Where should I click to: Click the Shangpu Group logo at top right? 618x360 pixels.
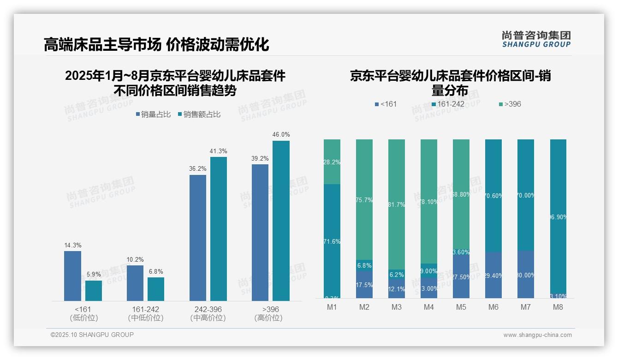click(536, 39)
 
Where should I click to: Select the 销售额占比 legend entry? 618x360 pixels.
click(199, 114)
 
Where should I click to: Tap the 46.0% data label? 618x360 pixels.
click(281, 135)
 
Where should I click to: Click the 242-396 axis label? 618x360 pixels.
click(208, 309)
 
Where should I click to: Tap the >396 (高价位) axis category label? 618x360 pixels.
click(268, 313)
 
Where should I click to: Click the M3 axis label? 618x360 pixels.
click(396, 307)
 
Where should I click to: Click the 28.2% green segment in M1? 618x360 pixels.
click(332, 162)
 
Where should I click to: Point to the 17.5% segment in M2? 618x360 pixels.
click(364, 284)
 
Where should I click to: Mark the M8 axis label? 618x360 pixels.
click(558, 307)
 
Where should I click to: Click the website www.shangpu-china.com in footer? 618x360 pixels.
click(537, 335)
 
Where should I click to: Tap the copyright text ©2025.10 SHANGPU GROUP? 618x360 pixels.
click(92, 335)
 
